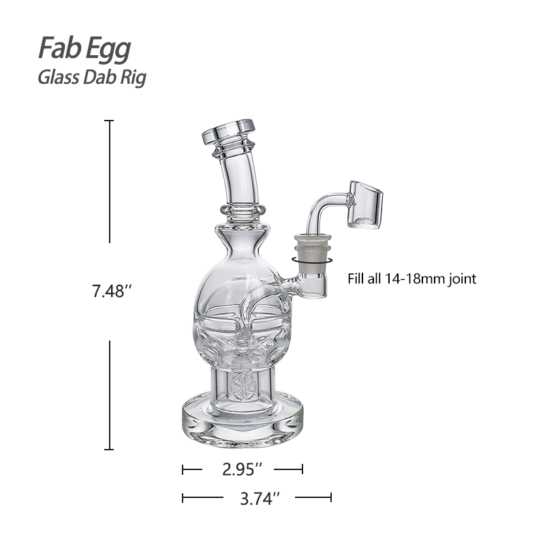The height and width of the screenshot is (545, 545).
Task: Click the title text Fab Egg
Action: [x=84, y=49]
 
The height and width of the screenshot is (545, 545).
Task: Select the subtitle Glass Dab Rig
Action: [x=91, y=77]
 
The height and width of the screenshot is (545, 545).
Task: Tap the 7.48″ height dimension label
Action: [x=112, y=292]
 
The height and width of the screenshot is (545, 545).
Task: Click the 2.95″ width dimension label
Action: [x=243, y=469]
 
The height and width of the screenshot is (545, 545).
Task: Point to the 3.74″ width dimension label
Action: [x=257, y=499]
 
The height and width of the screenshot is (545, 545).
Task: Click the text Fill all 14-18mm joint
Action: [x=411, y=278]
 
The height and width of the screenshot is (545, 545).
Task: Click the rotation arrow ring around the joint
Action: [x=311, y=260]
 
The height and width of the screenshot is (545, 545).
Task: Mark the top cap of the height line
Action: [x=109, y=121]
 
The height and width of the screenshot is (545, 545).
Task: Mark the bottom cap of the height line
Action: [x=109, y=449]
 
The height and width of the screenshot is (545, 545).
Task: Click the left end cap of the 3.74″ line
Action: [x=183, y=498]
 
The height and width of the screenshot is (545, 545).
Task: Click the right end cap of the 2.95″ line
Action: [x=302, y=469]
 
